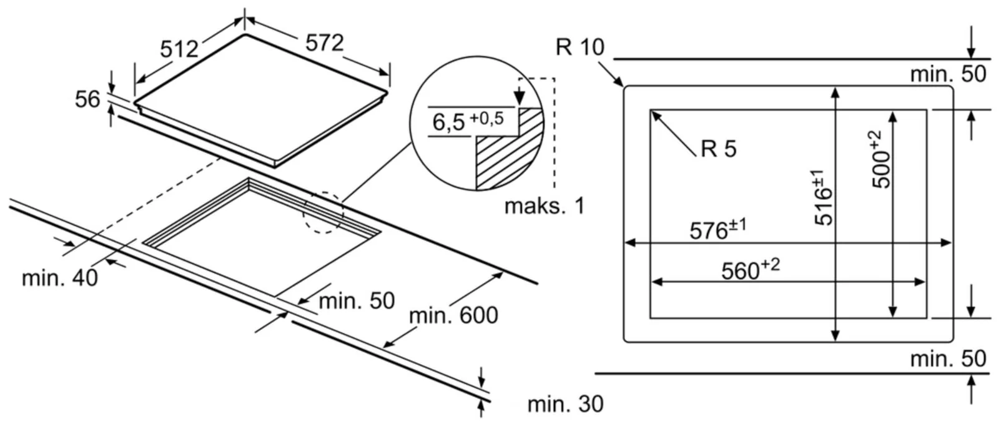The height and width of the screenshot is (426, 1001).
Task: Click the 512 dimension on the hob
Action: pos(179,48)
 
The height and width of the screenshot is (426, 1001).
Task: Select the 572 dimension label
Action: pos(324,42)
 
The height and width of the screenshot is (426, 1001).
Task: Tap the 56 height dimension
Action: pos(87,99)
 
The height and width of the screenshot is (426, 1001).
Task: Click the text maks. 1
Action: pos(544,206)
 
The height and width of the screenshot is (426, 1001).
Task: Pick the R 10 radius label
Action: pos(579,47)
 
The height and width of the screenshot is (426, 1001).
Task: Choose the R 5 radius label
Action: pos(718,149)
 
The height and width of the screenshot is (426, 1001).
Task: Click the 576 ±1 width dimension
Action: pos(717,229)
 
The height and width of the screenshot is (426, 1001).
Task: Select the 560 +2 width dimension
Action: pos(750,269)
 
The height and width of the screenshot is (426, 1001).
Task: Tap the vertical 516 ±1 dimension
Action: pos(822,197)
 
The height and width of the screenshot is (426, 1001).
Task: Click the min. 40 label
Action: pos(60,278)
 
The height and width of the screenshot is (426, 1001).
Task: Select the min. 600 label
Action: pos(453,315)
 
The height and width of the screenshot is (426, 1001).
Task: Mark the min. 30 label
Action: pos(565,404)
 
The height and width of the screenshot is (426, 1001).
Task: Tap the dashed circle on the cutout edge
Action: pos(323,214)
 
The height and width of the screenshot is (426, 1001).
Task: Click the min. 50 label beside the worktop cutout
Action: pos(357,300)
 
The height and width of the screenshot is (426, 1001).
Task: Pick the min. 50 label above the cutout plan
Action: pos(947,74)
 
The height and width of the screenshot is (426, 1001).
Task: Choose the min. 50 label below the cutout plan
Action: pos(947,359)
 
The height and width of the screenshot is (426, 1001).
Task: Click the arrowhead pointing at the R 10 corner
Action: pos(619,82)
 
